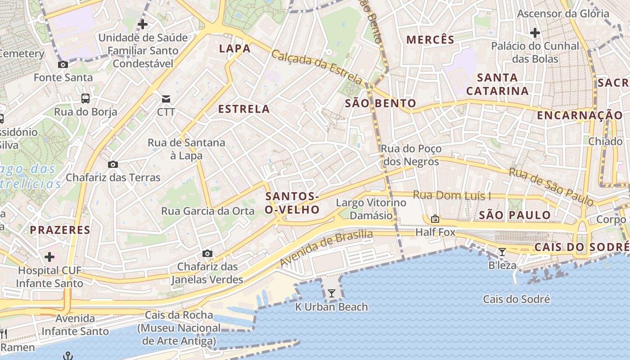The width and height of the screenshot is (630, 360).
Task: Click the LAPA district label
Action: [x=234, y=49]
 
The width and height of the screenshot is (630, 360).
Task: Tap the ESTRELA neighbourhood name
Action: [x=244, y=109]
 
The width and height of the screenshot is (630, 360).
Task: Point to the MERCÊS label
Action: [x=430, y=40]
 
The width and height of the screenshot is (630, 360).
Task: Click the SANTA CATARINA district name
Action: [x=497, y=84]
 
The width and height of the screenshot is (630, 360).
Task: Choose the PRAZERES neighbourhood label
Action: [x=60, y=230]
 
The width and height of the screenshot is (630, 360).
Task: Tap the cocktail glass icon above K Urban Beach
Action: [x=332, y=294]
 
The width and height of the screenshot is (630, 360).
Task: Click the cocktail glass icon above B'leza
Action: [x=502, y=252]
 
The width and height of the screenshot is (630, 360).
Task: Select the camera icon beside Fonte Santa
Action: [x=63, y=65]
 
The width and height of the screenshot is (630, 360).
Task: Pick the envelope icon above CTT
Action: [x=166, y=99]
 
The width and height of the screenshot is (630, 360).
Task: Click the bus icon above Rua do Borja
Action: [x=85, y=98]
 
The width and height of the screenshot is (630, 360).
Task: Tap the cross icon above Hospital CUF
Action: [x=49, y=257]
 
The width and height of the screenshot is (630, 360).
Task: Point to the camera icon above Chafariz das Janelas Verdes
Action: [x=207, y=254]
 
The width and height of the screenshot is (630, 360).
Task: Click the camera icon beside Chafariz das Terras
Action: [x=113, y=165]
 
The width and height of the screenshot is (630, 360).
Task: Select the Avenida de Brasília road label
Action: [x=326, y=248]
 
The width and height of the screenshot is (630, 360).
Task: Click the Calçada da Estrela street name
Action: [x=316, y=67]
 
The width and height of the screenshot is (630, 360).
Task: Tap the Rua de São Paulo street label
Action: [x=552, y=186]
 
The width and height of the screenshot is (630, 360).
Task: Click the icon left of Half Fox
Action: [x=435, y=219]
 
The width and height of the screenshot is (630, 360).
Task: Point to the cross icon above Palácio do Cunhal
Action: [x=535, y=33]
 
